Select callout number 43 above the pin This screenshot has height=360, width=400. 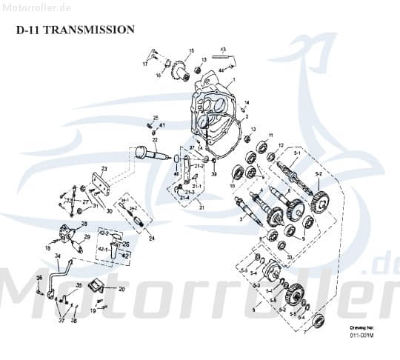223,50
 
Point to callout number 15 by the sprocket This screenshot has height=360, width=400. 191,51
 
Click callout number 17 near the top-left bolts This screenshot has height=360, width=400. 145,64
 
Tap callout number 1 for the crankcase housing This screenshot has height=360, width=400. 233,81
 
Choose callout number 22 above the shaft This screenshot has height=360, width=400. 155,140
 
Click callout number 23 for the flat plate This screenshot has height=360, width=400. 104,169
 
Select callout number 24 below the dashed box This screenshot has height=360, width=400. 151,239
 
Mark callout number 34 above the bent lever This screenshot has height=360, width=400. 57,257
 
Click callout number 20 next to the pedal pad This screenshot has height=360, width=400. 121,289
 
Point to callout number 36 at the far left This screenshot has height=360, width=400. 39,278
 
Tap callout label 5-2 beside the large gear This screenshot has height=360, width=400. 319,173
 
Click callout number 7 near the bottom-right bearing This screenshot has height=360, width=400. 304,332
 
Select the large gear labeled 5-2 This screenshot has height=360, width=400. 320,201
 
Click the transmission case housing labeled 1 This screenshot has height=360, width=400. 215,111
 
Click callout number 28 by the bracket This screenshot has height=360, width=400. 84,224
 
